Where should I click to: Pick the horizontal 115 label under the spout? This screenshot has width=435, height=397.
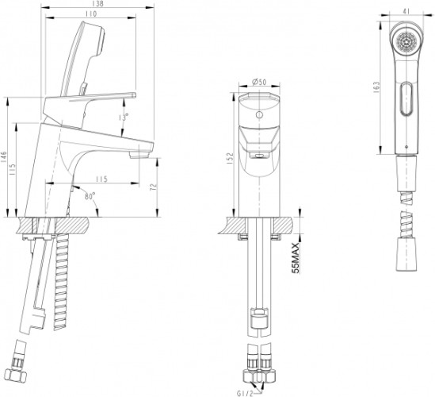(x=101, y=178)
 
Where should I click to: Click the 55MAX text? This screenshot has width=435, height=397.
(x=297, y=258)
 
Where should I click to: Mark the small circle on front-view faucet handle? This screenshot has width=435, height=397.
(x=258, y=114)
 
